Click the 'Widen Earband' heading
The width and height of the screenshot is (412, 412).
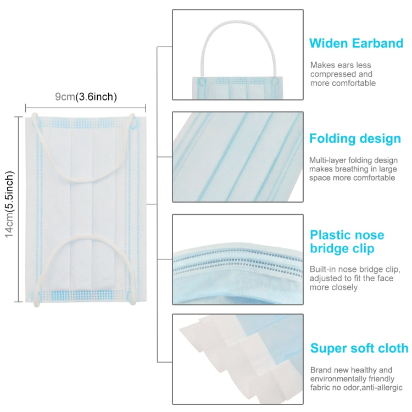pyautogui.click(x=356, y=43)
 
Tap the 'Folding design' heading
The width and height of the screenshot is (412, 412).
pyautogui.click(x=355, y=138)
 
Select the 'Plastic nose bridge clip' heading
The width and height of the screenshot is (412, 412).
pyautogui.click(x=347, y=242)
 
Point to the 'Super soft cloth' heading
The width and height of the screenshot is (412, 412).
pyautogui.click(x=359, y=348)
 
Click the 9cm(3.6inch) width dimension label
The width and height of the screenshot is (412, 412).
pyautogui.click(x=86, y=97)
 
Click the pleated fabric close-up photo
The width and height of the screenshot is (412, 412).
pyautogui.click(x=237, y=157)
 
